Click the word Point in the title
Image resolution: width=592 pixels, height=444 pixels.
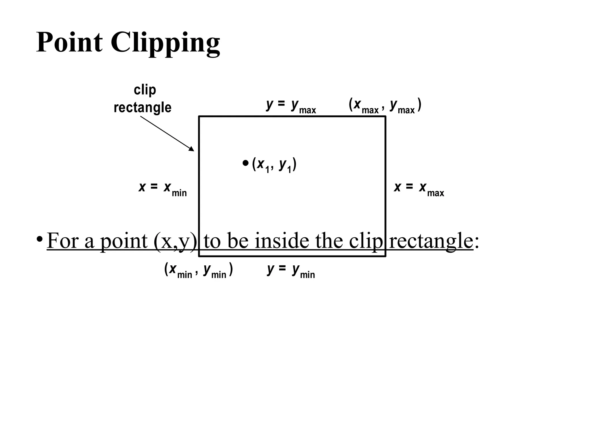(69, 42)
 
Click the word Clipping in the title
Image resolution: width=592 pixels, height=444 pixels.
(165, 43)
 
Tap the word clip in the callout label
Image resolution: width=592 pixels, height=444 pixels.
(145, 90)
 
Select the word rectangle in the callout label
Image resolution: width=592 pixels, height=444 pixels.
(143, 108)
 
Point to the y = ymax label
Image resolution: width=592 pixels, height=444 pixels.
(291, 106)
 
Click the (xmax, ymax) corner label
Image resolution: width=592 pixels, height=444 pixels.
(385, 106)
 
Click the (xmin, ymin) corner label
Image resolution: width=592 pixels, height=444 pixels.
(199, 270)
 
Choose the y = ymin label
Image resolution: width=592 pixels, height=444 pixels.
(291, 270)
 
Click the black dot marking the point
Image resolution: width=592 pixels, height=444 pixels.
(245, 163)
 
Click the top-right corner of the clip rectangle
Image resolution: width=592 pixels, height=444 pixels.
(385, 116)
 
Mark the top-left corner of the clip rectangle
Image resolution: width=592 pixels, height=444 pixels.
(199, 116)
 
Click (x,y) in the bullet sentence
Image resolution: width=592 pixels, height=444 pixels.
(175, 241)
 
